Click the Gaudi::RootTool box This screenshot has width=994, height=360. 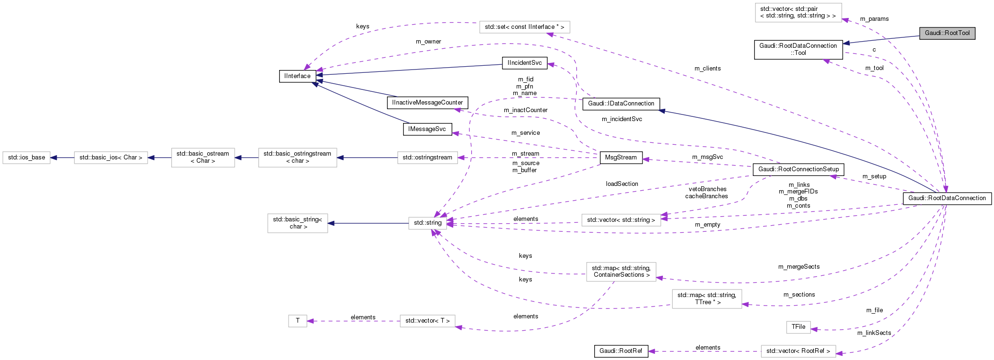[x=947, y=33]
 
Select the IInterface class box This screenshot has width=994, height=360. [x=297, y=76]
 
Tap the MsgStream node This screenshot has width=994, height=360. [x=621, y=158]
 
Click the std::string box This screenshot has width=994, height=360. [x=427, y=223]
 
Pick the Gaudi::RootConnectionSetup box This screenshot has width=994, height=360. [x=798, y=169]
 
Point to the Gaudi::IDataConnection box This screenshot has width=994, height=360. [x=621, y=104]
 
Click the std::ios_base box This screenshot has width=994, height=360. [x=26, y=158]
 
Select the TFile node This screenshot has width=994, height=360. [x=798, y=327]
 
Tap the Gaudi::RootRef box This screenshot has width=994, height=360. [x=621, y=351]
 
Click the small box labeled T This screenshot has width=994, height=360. [x=298, y=321]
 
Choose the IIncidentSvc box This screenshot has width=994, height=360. [x=524, y=63]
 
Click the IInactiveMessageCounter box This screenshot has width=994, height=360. [x=427, y=103]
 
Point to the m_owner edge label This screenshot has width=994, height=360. [x=428, y=42]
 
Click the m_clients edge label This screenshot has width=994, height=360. [x=707, y=69]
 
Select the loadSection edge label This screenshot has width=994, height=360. [x=622, y=184]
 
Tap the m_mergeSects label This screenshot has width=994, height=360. [x=799, y=267]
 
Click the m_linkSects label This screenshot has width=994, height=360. [x=874, y=333]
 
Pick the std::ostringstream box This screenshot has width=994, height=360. [x=427, y=158]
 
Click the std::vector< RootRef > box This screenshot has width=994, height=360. [x=798, y=351]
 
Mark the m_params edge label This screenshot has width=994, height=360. [x=874, y=19]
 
